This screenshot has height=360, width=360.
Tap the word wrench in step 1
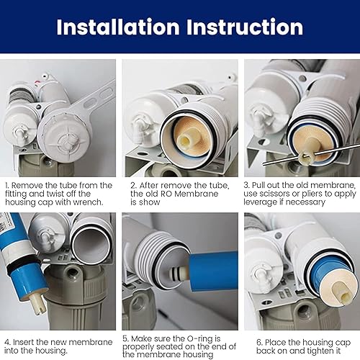click(x=86, y=203)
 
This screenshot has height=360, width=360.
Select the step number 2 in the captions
click(x=133, y=185)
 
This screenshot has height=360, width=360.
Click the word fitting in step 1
click(x=19, y=194)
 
